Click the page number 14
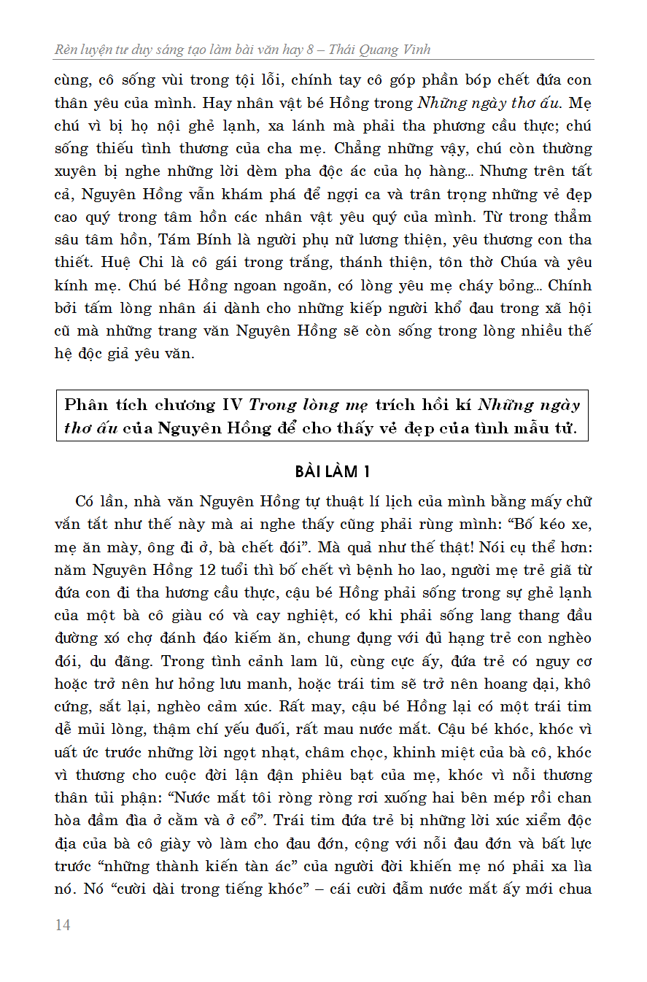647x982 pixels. click(x=63, y=925)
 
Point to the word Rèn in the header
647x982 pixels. click(x=68, y=50)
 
